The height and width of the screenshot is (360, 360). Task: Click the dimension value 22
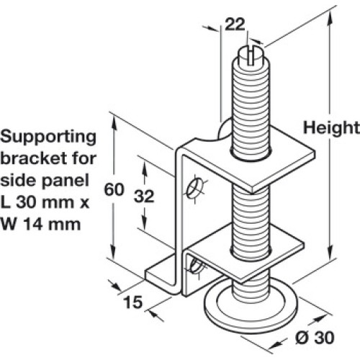point(235,24)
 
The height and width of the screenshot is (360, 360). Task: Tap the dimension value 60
point(114,189)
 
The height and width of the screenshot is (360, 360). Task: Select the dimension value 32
point(144,196)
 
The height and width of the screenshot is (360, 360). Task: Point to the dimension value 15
point(132,302)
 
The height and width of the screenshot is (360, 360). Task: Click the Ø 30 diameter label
point(315,338)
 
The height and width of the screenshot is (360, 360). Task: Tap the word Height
point(331,127)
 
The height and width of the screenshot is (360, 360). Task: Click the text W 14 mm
point(40,224)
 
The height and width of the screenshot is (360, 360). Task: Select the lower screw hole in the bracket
point(196,266)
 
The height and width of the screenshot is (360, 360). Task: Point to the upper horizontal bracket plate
point(250,166)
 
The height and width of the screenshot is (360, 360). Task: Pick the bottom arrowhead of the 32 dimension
point(144,222)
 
